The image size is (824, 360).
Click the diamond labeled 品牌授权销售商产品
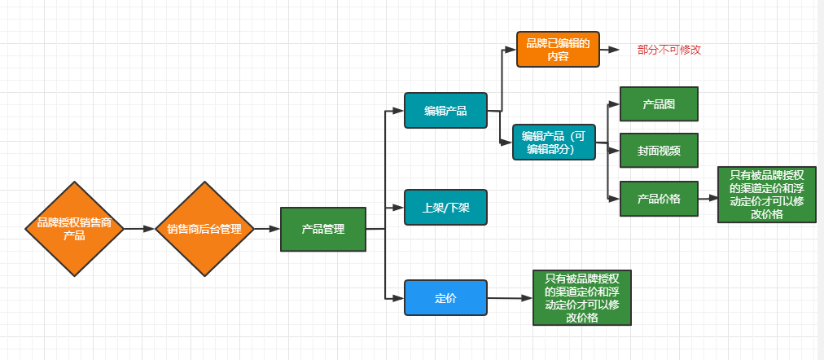[x=74, y=229]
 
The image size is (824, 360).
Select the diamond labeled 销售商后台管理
[x=204, y=229]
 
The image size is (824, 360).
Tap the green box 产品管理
[x=322, y=229]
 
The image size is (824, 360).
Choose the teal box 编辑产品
[x=445, y=111]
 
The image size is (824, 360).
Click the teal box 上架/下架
[x=445, y=208]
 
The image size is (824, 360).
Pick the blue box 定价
[x=445, y=298]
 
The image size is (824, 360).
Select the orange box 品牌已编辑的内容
[x=558, y=50]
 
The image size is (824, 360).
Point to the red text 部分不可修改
[x=669, y=50]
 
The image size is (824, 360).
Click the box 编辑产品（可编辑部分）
[x=554, y=143]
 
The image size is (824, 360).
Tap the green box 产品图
[x=659, y=104]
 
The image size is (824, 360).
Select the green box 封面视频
[x=659, y=151]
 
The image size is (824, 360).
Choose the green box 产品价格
[x=659, y=198]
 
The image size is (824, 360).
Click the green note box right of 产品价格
[x=766, y=195]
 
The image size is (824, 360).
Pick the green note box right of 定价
[x=582, y=298]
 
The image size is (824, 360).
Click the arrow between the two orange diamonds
[x=139, y=229]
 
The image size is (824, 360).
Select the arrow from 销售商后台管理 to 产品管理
[x=266, y=229]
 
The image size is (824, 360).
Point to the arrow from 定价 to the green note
[x=511, y=299]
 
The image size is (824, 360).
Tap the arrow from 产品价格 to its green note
[x=708, y=198]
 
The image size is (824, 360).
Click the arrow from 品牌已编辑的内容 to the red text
[x=613, y=50]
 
